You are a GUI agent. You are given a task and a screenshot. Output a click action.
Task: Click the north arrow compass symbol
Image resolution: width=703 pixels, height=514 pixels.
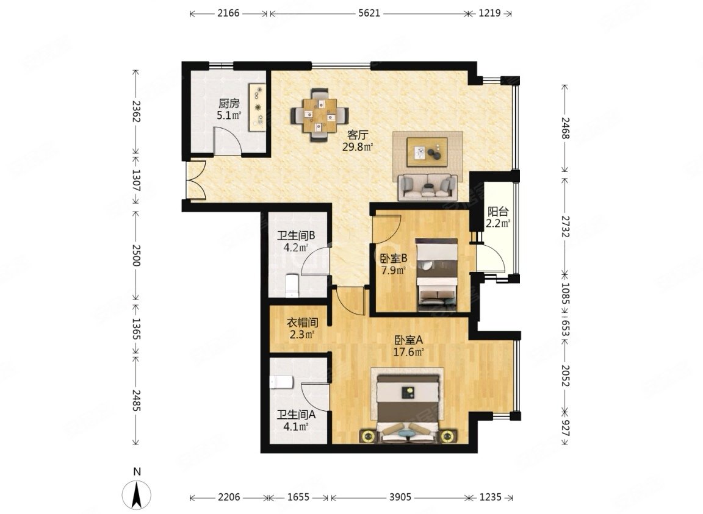[x=137, y=493]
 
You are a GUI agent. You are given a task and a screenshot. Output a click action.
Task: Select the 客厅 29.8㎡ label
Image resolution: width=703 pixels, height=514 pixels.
[x=358, y=141]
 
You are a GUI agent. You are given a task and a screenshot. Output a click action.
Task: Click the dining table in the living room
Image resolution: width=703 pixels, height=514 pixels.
[x=319, y=115]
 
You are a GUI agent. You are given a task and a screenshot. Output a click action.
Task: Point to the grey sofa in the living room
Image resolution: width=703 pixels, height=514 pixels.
[x=428, y=186]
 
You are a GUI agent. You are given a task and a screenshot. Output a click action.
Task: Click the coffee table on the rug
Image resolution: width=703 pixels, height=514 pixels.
[x=427, y=151]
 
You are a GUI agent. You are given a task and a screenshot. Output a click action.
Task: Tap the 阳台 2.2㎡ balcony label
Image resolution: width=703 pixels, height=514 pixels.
[x=498, y=217]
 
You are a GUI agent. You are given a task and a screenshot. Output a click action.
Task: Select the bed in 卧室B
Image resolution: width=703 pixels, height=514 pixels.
[x=436, y=275]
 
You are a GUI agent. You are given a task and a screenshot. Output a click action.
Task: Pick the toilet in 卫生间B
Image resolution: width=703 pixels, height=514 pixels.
[x=292, y=286]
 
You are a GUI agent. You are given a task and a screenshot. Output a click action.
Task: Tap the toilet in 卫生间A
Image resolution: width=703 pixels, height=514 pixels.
[x=281, y=382]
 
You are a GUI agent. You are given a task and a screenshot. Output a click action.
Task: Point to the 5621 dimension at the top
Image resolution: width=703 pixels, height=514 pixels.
[x=369, y=13]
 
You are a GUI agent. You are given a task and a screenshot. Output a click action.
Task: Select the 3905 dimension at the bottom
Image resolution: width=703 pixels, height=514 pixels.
[x=400, y=497]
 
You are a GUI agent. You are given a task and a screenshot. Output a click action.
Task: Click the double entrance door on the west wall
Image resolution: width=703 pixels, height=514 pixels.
[x=196, y=180]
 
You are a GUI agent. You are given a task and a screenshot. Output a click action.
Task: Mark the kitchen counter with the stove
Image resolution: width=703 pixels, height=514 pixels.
[x=258, y=107]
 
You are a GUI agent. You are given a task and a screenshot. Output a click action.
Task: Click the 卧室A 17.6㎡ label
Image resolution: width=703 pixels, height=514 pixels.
[x=408, y=346]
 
